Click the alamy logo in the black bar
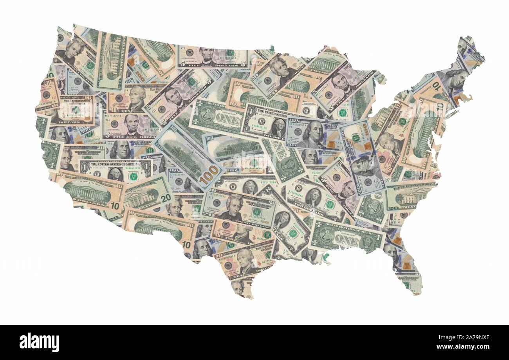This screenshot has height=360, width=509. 39,342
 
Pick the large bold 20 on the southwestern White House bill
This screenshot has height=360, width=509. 166,198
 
